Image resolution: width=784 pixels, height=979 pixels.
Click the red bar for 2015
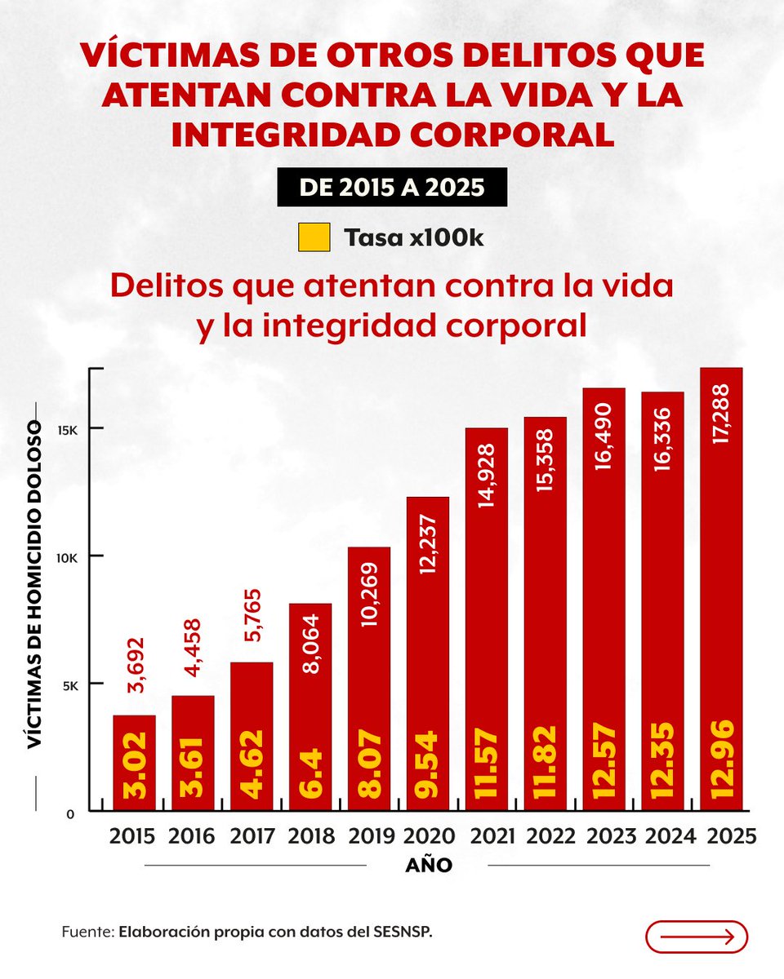point(134,763)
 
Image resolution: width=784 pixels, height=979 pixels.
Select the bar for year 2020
point(428,653)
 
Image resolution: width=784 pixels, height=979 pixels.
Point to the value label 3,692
point(134,666)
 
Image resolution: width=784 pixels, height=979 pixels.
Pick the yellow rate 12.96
point(721,760)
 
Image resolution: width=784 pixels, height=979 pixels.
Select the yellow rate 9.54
point(428,762)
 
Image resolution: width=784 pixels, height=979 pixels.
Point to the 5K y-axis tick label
point(71,684)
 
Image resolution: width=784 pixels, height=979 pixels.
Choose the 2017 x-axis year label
point(252,837)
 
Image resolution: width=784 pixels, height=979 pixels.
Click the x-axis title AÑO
point(429,866)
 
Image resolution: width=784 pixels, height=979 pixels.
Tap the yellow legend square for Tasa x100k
point(315,237)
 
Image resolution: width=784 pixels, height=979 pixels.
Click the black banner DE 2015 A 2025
point(392,188)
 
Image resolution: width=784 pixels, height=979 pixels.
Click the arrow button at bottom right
point(696,937)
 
